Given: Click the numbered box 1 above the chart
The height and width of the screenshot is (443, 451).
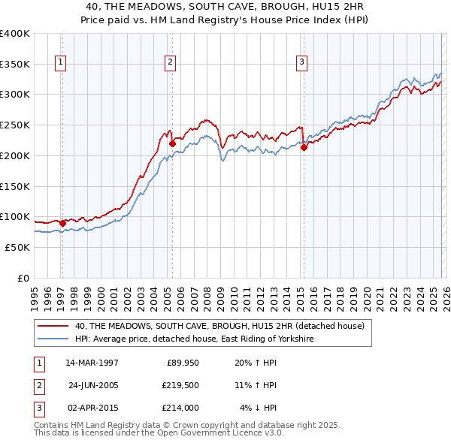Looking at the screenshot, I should pos(59,62).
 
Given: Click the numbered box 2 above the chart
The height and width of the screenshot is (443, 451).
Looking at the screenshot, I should pos(171,62).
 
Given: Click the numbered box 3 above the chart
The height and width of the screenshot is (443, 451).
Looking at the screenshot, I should pos(301,62).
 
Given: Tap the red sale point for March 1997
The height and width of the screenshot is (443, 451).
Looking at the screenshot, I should pos(62,223).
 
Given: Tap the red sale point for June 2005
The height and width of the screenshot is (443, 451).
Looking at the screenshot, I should pos(172,143).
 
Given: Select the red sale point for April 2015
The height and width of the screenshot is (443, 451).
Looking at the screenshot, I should pos(304,147).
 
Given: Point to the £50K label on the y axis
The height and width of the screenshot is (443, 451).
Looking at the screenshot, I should pos(17,247).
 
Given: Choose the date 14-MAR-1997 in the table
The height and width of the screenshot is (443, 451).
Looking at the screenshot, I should pos(91,363).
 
